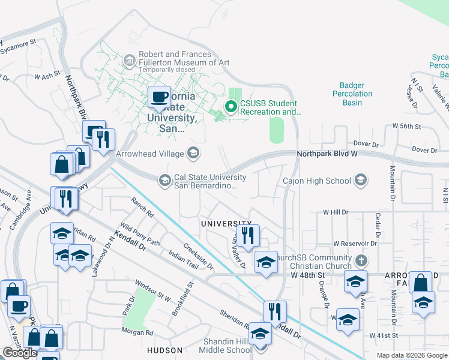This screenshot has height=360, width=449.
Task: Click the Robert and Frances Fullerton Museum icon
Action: [129, 61]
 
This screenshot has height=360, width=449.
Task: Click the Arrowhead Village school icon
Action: [193, 154]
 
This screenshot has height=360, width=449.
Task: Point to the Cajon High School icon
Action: [360, 180]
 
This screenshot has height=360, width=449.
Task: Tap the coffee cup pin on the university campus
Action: [159, 97]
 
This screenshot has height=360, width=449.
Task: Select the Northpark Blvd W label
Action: [327, 154]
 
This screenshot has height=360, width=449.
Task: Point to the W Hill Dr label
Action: [336, 212]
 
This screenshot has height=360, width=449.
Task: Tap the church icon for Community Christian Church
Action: [360, 261]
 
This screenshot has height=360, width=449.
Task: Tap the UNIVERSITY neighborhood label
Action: [226, 223]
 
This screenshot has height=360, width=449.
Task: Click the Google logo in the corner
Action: [20, 352]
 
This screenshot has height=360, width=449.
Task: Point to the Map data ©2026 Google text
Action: [412, 355]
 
